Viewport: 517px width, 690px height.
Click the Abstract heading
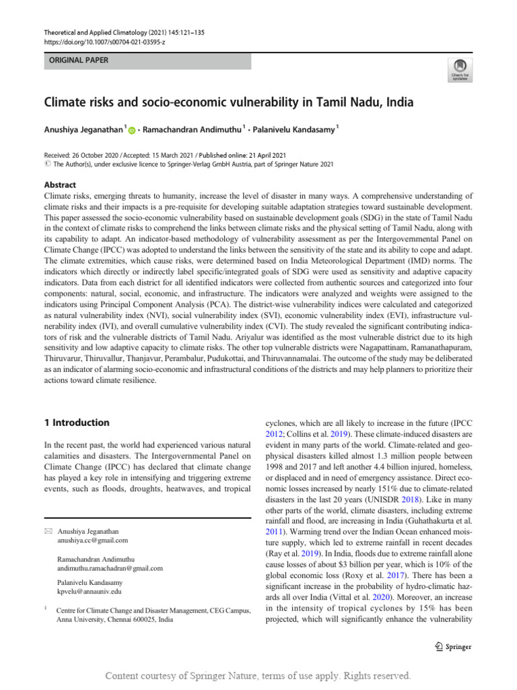60,185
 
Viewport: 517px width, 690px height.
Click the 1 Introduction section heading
76,422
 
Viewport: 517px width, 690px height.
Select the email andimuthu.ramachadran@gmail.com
110,568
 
